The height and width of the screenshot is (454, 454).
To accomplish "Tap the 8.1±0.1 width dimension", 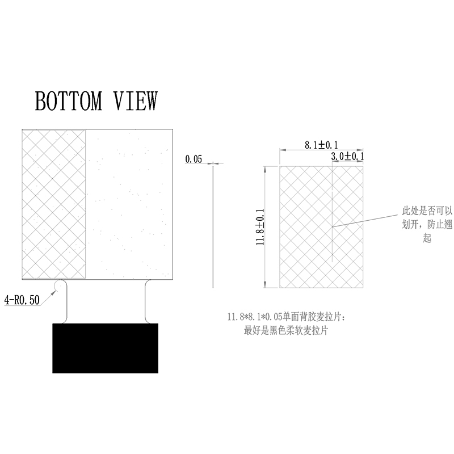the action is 321,145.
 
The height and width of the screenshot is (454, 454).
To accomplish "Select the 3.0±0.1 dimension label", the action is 347,157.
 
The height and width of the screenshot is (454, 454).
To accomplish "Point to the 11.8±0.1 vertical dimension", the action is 260,227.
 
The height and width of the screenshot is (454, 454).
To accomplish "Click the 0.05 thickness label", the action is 194,159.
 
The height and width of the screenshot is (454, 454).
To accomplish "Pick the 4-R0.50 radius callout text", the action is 22,300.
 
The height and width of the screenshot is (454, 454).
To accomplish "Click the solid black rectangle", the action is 105,348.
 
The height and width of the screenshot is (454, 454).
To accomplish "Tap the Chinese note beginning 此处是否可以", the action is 427,224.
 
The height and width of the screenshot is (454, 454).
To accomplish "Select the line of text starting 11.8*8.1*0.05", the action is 287,317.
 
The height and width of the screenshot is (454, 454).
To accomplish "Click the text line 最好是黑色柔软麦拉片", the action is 286,330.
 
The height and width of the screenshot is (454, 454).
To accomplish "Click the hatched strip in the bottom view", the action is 54,204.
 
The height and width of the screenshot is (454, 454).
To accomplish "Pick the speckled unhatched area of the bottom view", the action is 129,204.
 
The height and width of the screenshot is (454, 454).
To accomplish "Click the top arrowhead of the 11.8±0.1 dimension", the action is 264,169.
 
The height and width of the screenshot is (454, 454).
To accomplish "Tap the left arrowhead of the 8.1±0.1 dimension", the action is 283,150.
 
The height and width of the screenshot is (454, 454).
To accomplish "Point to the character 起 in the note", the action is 427,238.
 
